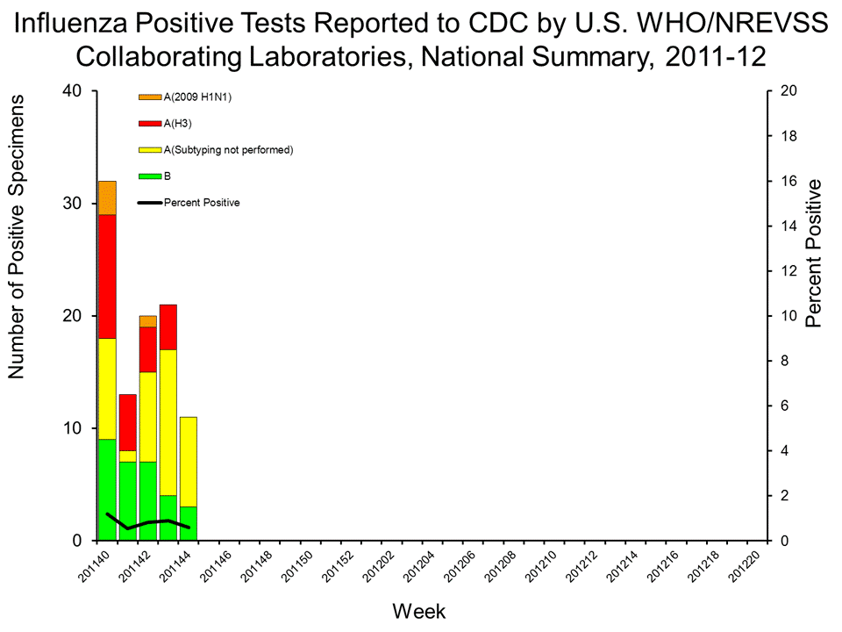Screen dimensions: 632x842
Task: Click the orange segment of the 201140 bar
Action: pyautogui.click(x=107, y=197)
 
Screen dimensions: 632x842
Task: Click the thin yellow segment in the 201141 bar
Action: pyautogui.click(x=128, y=456)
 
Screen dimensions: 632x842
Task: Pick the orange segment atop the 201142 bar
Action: pyautogui.click(x=148, y=321)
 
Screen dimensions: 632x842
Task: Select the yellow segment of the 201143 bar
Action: pyautogui.click(x=168, y=422)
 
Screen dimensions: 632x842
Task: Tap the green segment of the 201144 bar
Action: pyautogui.click(x=189, y=523)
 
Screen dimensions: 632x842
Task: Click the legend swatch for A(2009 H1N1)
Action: pyautogui.click(x=150, y=97)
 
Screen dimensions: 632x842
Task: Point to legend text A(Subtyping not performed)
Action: pyautogui.click(x=228, y=149)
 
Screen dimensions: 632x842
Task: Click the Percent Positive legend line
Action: pyautogui.click(x=150, y=203)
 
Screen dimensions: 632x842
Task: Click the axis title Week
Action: pyautogui.click(x=419, y=609)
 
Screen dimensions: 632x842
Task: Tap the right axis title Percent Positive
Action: pyautogui.click(x=815, y=254)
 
